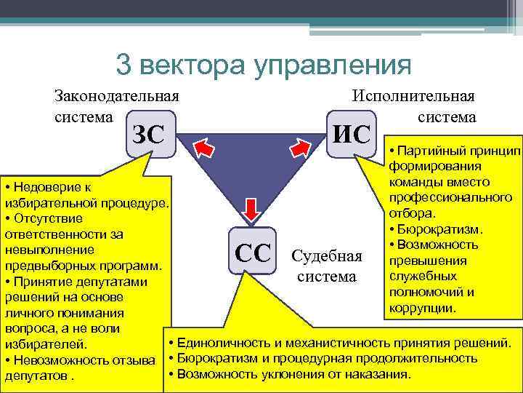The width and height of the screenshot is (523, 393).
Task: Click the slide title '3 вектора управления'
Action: pyautogui.click(x=263, y=65)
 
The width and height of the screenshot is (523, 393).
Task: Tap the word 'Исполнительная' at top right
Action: pyautogui.click(x=413, y=96)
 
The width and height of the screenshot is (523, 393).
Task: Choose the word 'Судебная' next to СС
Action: pyautogui.click(x=326, y=256)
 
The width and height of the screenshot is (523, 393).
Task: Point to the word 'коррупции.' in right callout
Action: pyautogui.click(x=423, y=308)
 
